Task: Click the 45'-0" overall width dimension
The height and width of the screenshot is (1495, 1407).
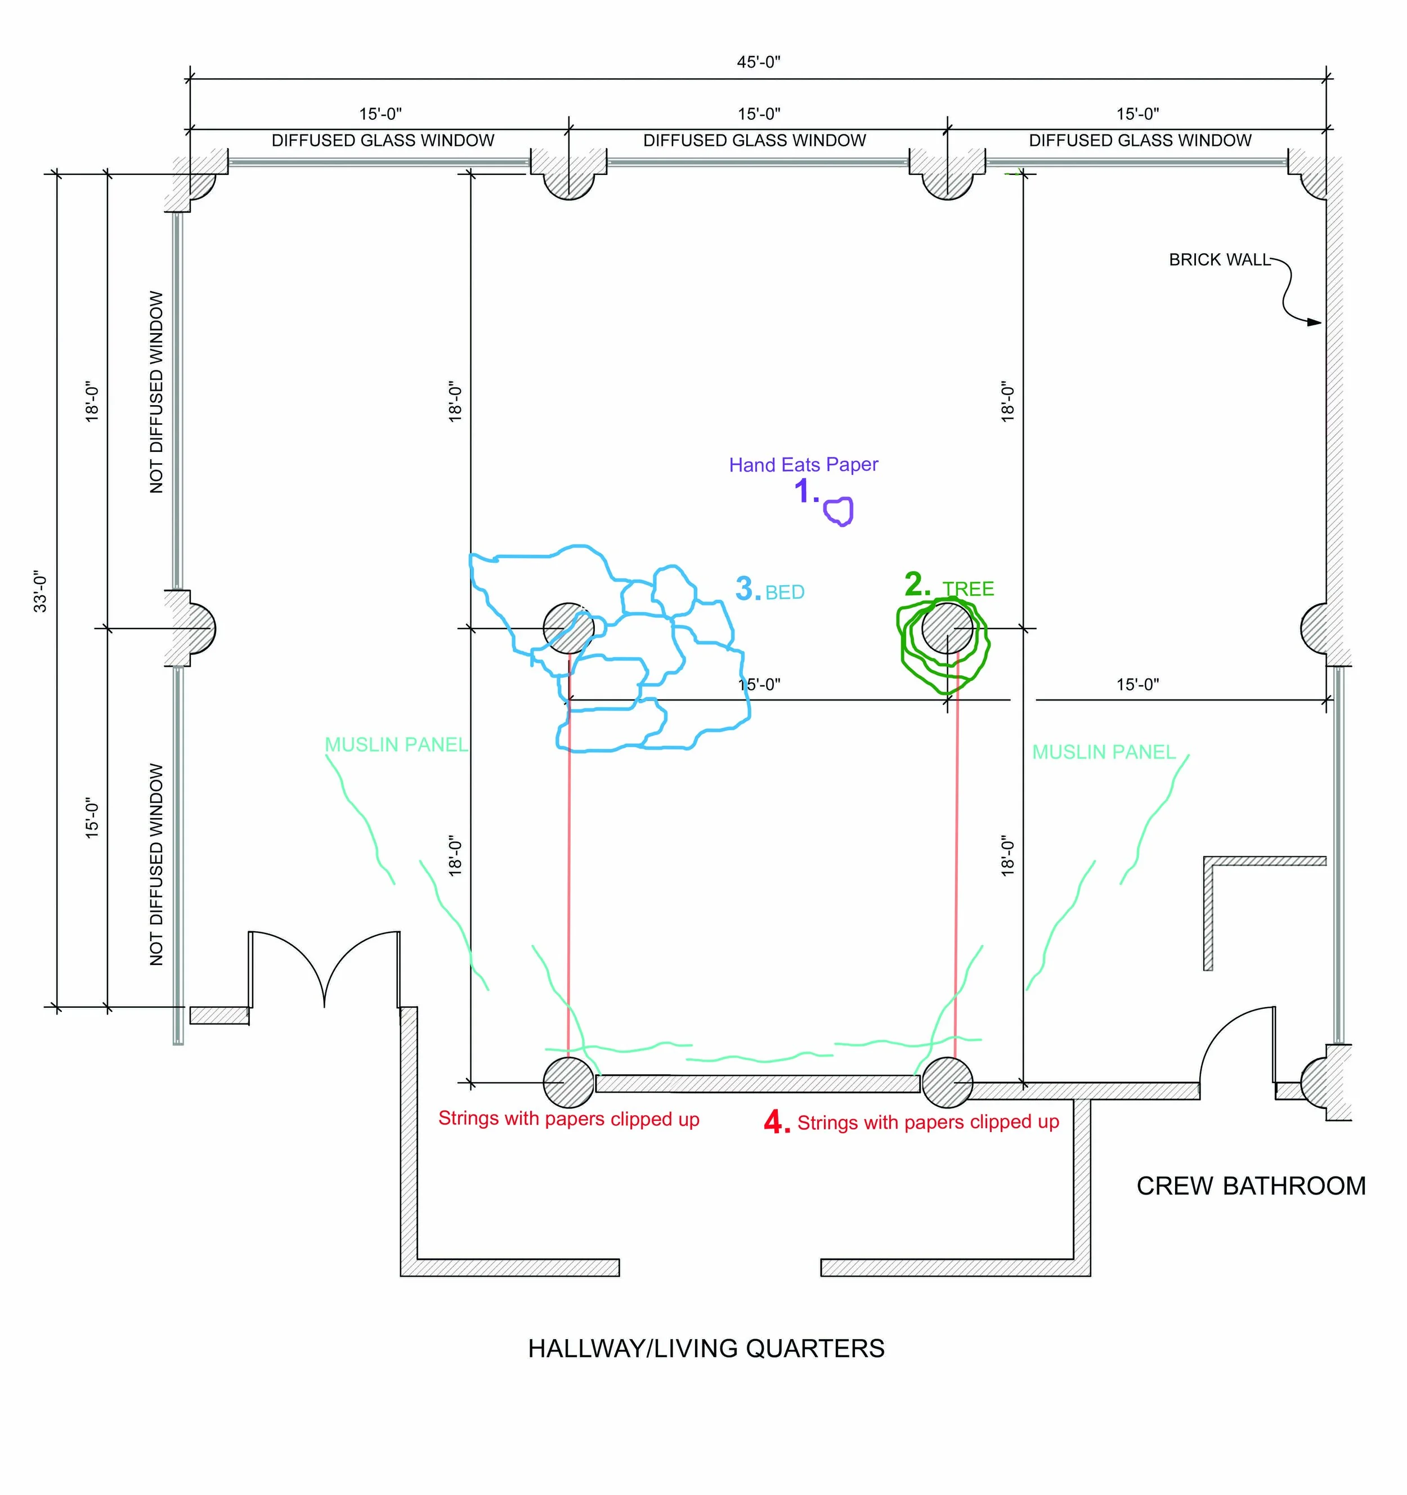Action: click(x=758, y=62)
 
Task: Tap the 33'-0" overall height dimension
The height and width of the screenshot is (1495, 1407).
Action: click(x=40, y=591)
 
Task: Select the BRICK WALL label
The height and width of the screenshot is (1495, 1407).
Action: click(x=1219, y=260)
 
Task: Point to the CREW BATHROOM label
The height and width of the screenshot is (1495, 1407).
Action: click(x=1251, y=1186)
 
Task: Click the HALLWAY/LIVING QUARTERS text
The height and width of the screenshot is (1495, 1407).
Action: click(x=706, y=1348)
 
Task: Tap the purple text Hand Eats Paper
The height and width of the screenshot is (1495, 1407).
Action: click(x=803, y=465)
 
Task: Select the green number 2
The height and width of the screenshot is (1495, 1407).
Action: click(x=917, y=584)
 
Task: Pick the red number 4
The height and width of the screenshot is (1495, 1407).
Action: click(x=776, y=1123)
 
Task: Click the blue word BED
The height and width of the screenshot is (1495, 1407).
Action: click(x=785, y=592)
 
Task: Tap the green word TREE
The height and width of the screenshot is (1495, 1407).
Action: click(x=969, y=589)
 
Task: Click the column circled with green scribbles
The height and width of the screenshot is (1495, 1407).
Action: click(x=947, y=628)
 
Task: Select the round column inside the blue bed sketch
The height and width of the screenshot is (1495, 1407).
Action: click(x=568, y=628)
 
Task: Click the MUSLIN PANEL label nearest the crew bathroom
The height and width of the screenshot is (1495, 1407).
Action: click(x=1103, y=752)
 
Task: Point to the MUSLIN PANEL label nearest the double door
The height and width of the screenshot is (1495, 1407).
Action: click(x=396, y=744)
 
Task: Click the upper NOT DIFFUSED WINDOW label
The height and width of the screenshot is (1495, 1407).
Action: click(x=156, y=392)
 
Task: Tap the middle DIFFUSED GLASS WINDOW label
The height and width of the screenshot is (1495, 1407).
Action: click(x=754, y=141)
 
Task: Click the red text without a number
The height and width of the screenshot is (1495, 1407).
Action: click(x=568, y=1119)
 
